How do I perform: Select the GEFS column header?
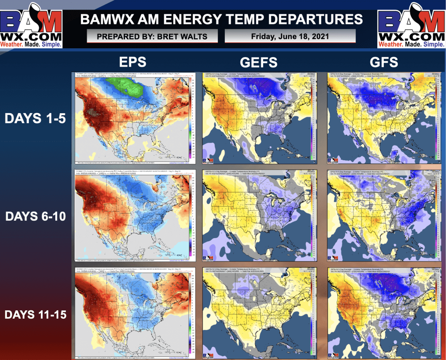[x=259, y=62]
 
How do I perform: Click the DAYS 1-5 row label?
[x=35, y=118]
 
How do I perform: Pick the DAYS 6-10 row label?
[x=35, y=216]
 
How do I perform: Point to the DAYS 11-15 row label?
[x=35, y=314]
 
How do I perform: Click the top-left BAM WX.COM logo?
[x=31, y=24]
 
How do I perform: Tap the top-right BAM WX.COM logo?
[x=412, y=24]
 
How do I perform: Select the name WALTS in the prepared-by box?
[x=192, y=36]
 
